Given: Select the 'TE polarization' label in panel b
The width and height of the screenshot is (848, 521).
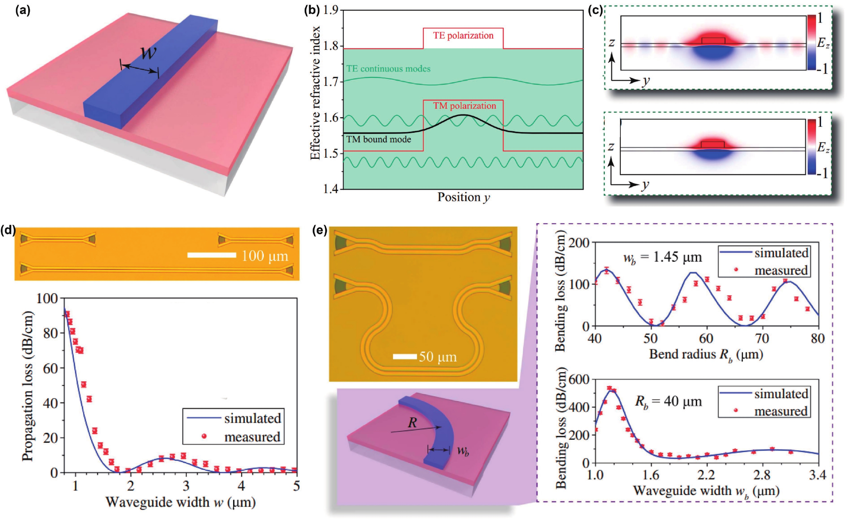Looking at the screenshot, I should (463, 36).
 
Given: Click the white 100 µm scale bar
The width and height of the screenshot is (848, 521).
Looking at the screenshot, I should (211, 255).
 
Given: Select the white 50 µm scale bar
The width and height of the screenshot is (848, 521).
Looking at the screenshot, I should (405, 356).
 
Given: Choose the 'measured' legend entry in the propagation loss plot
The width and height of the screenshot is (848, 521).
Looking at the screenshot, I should (252, 437).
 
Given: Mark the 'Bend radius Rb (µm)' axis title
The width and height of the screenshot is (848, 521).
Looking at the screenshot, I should (706, 354).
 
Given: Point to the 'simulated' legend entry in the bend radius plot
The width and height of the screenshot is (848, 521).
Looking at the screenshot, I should (781, 253).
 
